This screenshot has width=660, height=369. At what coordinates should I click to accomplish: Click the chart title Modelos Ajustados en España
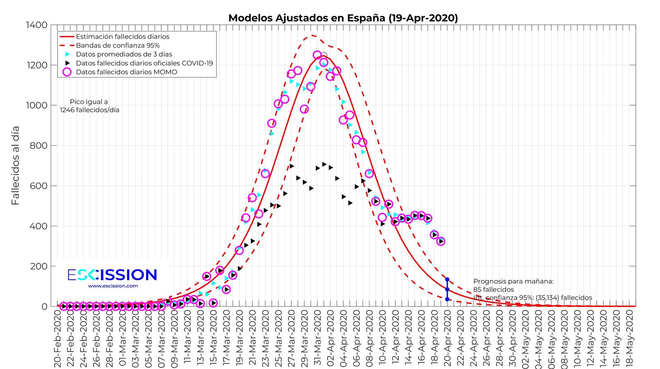pyautogui.click(x=343, y=18)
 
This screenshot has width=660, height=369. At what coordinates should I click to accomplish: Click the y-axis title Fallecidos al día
pyautogui.click(x=15, y=166)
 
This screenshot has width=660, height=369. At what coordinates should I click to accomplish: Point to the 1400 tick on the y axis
pyautogui.click(x=37, y=25)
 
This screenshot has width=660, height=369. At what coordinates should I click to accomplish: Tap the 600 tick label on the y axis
pyautogui.click(x=38, y=186)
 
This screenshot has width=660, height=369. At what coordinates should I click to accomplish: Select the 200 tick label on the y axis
pyautogui.click(x=38, y=267)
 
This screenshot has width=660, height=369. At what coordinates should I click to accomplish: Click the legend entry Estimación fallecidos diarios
pyautogui.click(x=123, y=36)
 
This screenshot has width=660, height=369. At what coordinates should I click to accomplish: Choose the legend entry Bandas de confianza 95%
pyautogui.click(x=118, y=45)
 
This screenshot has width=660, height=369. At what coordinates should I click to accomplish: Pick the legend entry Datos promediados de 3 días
pyautogui.click(x=124, y=54)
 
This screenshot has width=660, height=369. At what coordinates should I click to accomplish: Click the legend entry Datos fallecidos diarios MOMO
pyautogui.click(x=126, y=72)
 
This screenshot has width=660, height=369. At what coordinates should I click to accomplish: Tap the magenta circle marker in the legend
pyautogui.click(x=67, y=72)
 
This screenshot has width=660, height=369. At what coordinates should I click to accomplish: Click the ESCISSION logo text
pyautogui.click(x=112, y=275)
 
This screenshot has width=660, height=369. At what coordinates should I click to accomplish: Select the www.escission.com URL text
pyautogui.click(x=113, y=286)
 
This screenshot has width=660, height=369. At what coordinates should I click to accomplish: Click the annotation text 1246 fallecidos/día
pyautogui.click(x=90, y=110)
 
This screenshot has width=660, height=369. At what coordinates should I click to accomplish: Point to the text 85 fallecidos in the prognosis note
pyautogui.click(x=493, y=290)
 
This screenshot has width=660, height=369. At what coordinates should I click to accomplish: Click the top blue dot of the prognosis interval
pyautogui.click(x=447, y=280)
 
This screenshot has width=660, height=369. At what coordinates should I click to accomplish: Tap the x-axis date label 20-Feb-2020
pyautogui.click(x=57, y=338)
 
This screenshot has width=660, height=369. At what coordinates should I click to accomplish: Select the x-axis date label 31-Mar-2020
pyautogui.click(x=317, y=338)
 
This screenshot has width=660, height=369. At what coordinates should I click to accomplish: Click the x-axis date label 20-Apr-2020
pyautogui.click(x=447, y=338)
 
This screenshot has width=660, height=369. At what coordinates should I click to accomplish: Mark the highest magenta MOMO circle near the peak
pyautogui.click(x=317, y=55)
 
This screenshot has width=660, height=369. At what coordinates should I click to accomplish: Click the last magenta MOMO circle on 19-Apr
pyautogui.click(x=441, y=241)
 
